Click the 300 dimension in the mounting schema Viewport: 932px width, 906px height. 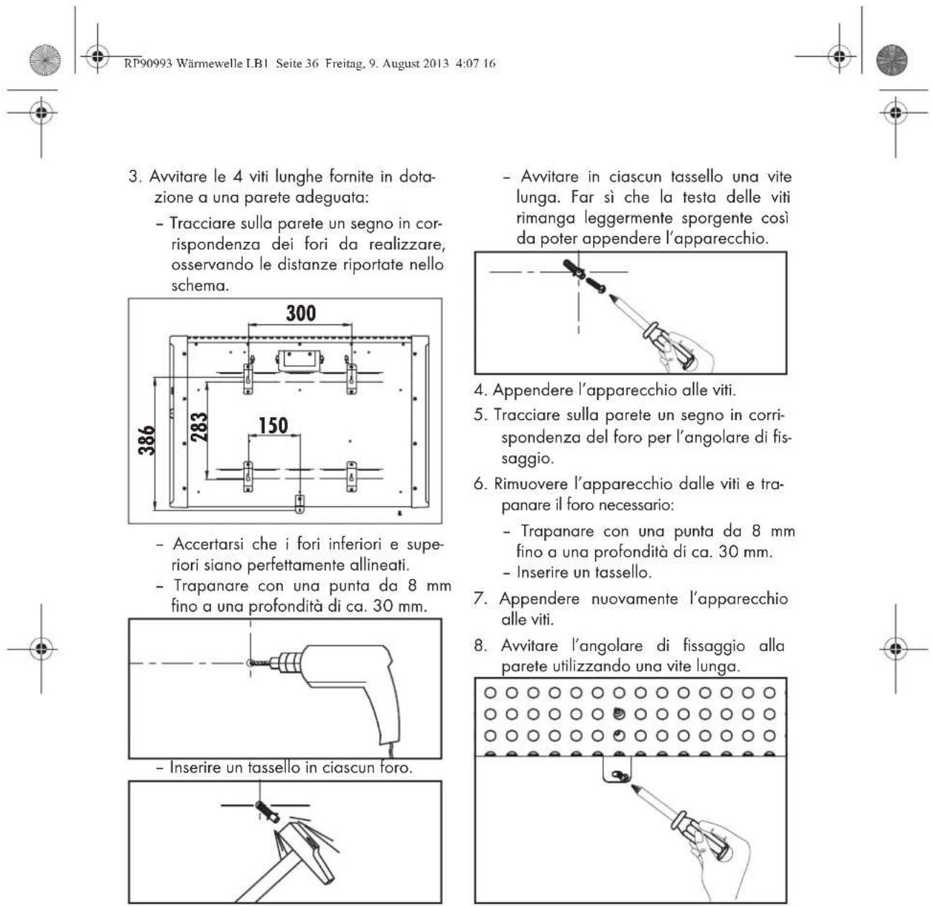click(301, 313)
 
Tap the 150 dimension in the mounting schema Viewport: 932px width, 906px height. click(274, 425)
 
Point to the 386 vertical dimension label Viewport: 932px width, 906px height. click(146, 440)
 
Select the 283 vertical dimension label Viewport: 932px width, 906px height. click(199, 426)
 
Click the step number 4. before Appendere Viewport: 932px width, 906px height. click(480, 391)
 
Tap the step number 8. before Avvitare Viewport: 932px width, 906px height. click(480, 646)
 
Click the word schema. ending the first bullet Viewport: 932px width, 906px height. click(200, 286)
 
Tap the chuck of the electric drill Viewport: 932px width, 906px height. click(284, 663)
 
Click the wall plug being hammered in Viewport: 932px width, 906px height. click(267, 812)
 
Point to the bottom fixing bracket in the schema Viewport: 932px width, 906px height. click(300, 503)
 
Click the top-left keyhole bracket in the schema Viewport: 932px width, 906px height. click(248, 378)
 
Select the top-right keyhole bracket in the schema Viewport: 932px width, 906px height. click(352, 378)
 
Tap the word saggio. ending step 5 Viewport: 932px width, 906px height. click(528, 459)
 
